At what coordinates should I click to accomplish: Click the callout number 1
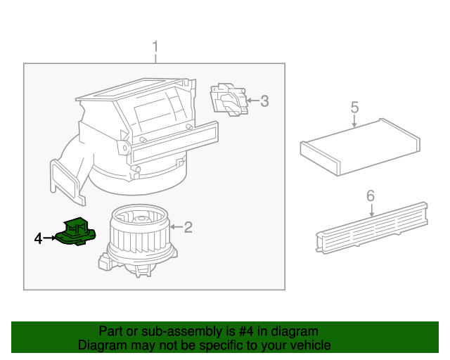click(x=155, y=48)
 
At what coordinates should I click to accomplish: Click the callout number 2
click(x=188, y=226)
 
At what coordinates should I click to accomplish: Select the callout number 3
click(x=264, y=101)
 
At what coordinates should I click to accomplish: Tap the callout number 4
click(x=39, y=239)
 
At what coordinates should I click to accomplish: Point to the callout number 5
click(x=354, y=108)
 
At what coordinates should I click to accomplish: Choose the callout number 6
click(x=371, y=196)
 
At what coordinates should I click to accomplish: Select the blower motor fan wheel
click(x=137, y=232)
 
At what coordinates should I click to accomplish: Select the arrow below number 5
click(x=354, y=120)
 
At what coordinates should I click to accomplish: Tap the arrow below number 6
click(x=371, y=209)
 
